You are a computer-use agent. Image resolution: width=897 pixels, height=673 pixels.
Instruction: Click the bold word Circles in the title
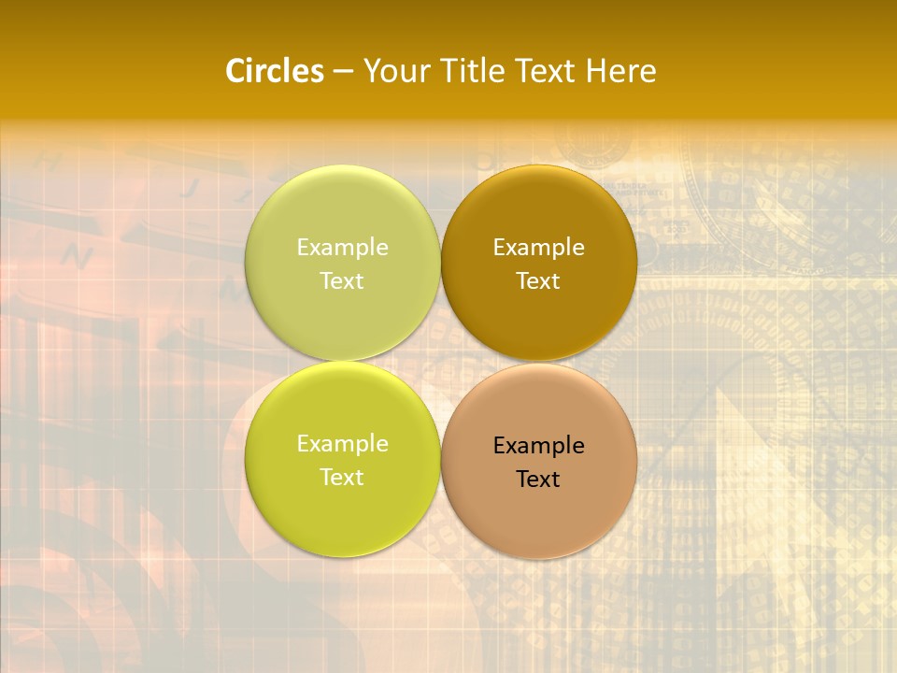tap(275, 71)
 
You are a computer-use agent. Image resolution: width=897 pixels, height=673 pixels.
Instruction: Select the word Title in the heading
tap(463, 71)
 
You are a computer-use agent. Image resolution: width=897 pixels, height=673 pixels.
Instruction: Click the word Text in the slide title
tap(543, 71)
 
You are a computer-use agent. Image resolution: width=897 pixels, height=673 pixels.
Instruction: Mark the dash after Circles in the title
tap(343, 72)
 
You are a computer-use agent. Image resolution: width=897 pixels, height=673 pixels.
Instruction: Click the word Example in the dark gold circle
tap(538, 248)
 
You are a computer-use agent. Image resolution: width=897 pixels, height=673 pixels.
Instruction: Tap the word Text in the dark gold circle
tap(538, 281)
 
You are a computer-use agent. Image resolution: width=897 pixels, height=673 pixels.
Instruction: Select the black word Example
tap(538, 446)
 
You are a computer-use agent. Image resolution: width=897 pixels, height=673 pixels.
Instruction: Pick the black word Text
tap(538, 480)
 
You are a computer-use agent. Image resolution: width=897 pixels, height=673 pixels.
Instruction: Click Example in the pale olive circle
tap(342, 248)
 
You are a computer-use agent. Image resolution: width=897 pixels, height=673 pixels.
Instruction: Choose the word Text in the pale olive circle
tap(342, 281)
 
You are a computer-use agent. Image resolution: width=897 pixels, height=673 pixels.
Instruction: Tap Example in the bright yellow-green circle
tap(342, 444)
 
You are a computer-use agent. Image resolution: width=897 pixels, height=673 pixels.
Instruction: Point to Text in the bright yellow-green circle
tap(342, 478)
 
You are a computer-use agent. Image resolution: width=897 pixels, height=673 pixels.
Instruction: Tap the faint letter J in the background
tap(190, 188)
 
